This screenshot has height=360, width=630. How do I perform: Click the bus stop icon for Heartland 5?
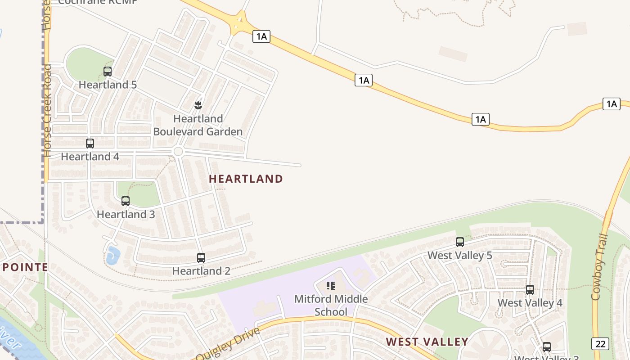point(108,71)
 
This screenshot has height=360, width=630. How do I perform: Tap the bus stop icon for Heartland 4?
point(90,144)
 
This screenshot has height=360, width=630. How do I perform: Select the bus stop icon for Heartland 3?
point(126,201)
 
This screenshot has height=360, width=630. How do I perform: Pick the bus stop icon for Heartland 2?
point(201,258)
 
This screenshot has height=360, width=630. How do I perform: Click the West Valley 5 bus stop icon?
point(459,242)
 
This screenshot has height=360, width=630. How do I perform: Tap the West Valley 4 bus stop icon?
point(530,290)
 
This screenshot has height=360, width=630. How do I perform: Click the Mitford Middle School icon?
point(331,286)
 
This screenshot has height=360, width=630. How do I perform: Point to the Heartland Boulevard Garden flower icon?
point(198,105)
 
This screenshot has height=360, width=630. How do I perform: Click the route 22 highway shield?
point(600,344)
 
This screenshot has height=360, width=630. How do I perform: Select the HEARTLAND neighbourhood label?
point(246,179)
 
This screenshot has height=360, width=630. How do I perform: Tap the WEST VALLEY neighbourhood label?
point(427,342)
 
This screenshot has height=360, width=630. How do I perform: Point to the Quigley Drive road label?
point(228,344)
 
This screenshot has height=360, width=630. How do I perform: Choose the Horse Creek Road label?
point(47,110)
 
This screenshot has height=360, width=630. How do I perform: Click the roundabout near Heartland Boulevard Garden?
point(178,152)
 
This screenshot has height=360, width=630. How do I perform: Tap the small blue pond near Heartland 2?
point(112,256)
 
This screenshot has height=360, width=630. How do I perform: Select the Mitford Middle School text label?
point(331,305)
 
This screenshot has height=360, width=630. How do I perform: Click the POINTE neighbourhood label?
point(24,267)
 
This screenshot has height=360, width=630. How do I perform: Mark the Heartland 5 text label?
point(108,85)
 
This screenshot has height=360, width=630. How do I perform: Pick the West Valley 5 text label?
point(459,256)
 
